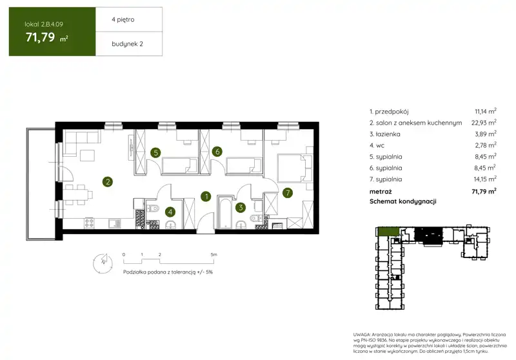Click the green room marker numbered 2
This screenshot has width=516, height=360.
pyautogui.click(x=108, y=182)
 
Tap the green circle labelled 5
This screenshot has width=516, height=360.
pyautogui.click(x=155, y=152)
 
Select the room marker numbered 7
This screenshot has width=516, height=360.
pyautogui.click(x=288, y=192)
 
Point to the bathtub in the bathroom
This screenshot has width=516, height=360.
pyautogui.click(x=225, y=212)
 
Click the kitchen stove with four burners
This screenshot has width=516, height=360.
pyautogui.click(x=89, y=223)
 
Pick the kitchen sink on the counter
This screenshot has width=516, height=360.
pyautogui.click(x=115, y=223)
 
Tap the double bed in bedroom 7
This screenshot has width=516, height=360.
pyautogui.click(x=295, y=168)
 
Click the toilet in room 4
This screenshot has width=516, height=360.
pyautogui.click(x=153, y=208)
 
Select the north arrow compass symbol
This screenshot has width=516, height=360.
pyautogui.click(x=103, y=263)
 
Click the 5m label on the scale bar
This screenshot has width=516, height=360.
pyautogui.click(x=214, y=254)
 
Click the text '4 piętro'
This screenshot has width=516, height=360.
pyautogui.click(x=123, y=20)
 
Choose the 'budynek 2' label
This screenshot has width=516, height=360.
pyautogui.click(x=127, y=44)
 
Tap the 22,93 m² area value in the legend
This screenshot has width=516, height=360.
pyautogui.click(x=484, y=123)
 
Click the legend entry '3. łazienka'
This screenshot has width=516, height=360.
pyautogui.click(x=384, y=134)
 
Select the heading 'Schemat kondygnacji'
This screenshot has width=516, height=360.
pyautogui.click(x=402, y=201)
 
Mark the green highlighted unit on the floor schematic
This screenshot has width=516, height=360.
pyautogui.click(x=388, y=232)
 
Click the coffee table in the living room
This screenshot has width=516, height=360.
pyautogui.click(x=87, y=155)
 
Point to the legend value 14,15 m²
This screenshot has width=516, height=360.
pyautogui.click(x=485, y=179)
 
